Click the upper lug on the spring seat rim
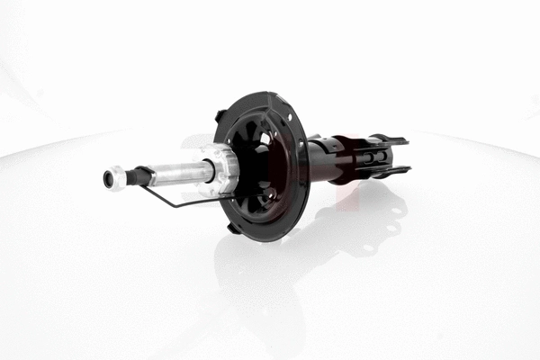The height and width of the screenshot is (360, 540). pyautogui.click(x=220, y=115)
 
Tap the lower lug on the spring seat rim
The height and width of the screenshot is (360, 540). pyautogui.click(x=233, y=227)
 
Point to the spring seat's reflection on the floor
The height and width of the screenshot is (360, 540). pyautogui.click(x=270, y=270)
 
